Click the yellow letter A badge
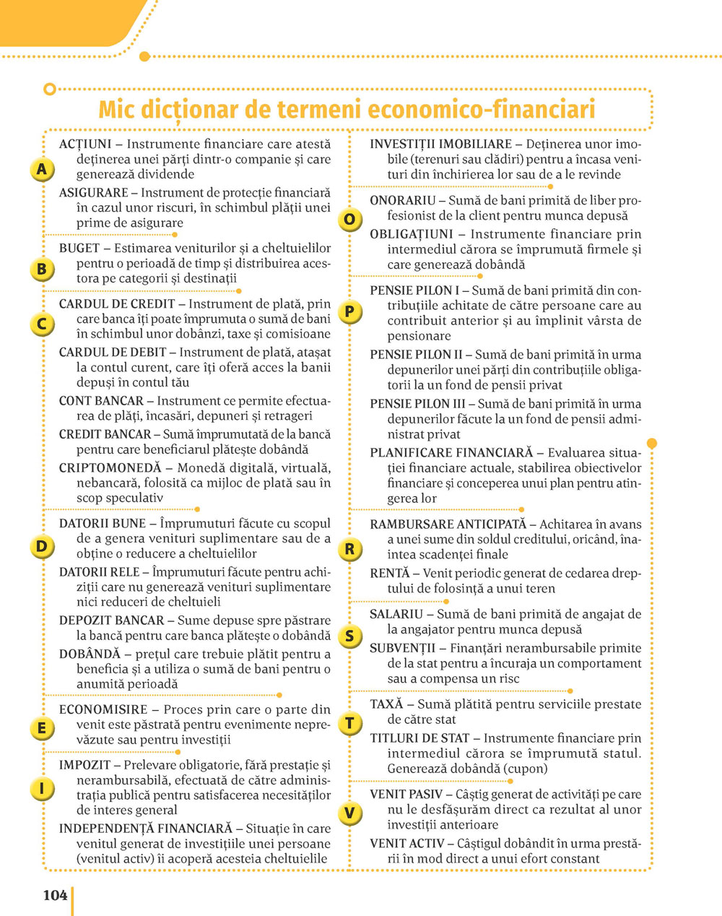coord(42,170)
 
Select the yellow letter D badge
coord(42,546)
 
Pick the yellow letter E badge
coord(42,728)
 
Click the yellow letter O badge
coord(350,220)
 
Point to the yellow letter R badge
coord(350,549)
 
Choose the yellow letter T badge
coord(350,723)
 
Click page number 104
coord(55,896)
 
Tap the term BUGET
coord(79,248)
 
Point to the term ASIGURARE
coord(93,193)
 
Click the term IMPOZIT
coord(84,764)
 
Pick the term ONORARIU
coord(403,200)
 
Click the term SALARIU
coord(396,614)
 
